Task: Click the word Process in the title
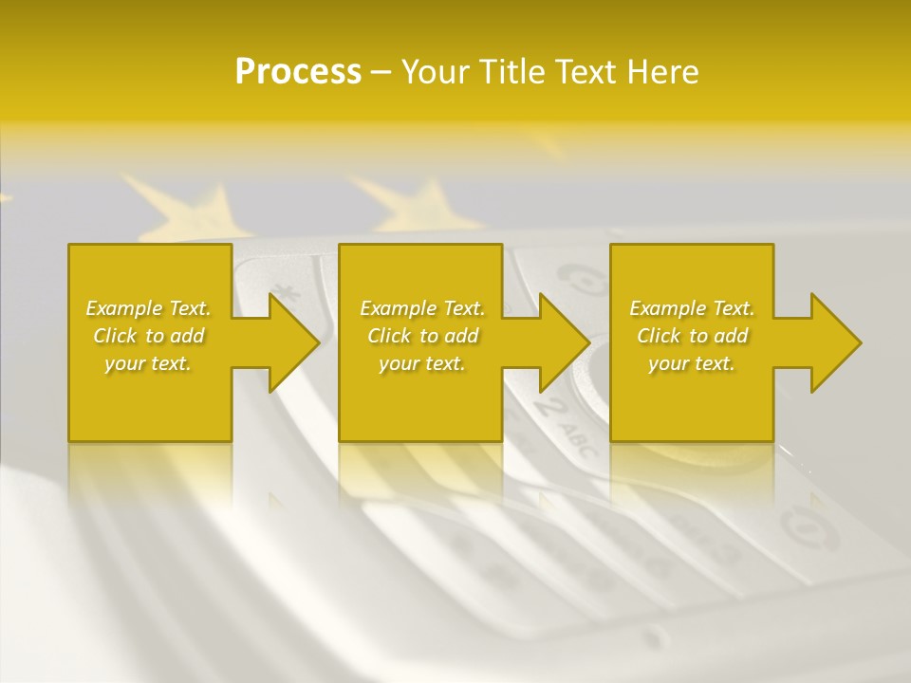point(298,72)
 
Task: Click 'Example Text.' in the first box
point(148,308)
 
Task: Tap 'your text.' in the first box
point(148,363)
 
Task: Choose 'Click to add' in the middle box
point(422,336)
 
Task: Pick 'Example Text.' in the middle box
point(422,308)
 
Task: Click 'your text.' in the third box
point(692,363)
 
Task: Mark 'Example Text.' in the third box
point(692,308)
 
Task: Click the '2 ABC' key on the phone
point(560,422)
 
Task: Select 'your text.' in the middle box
point(422,363)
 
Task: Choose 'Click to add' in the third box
point(692,336)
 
